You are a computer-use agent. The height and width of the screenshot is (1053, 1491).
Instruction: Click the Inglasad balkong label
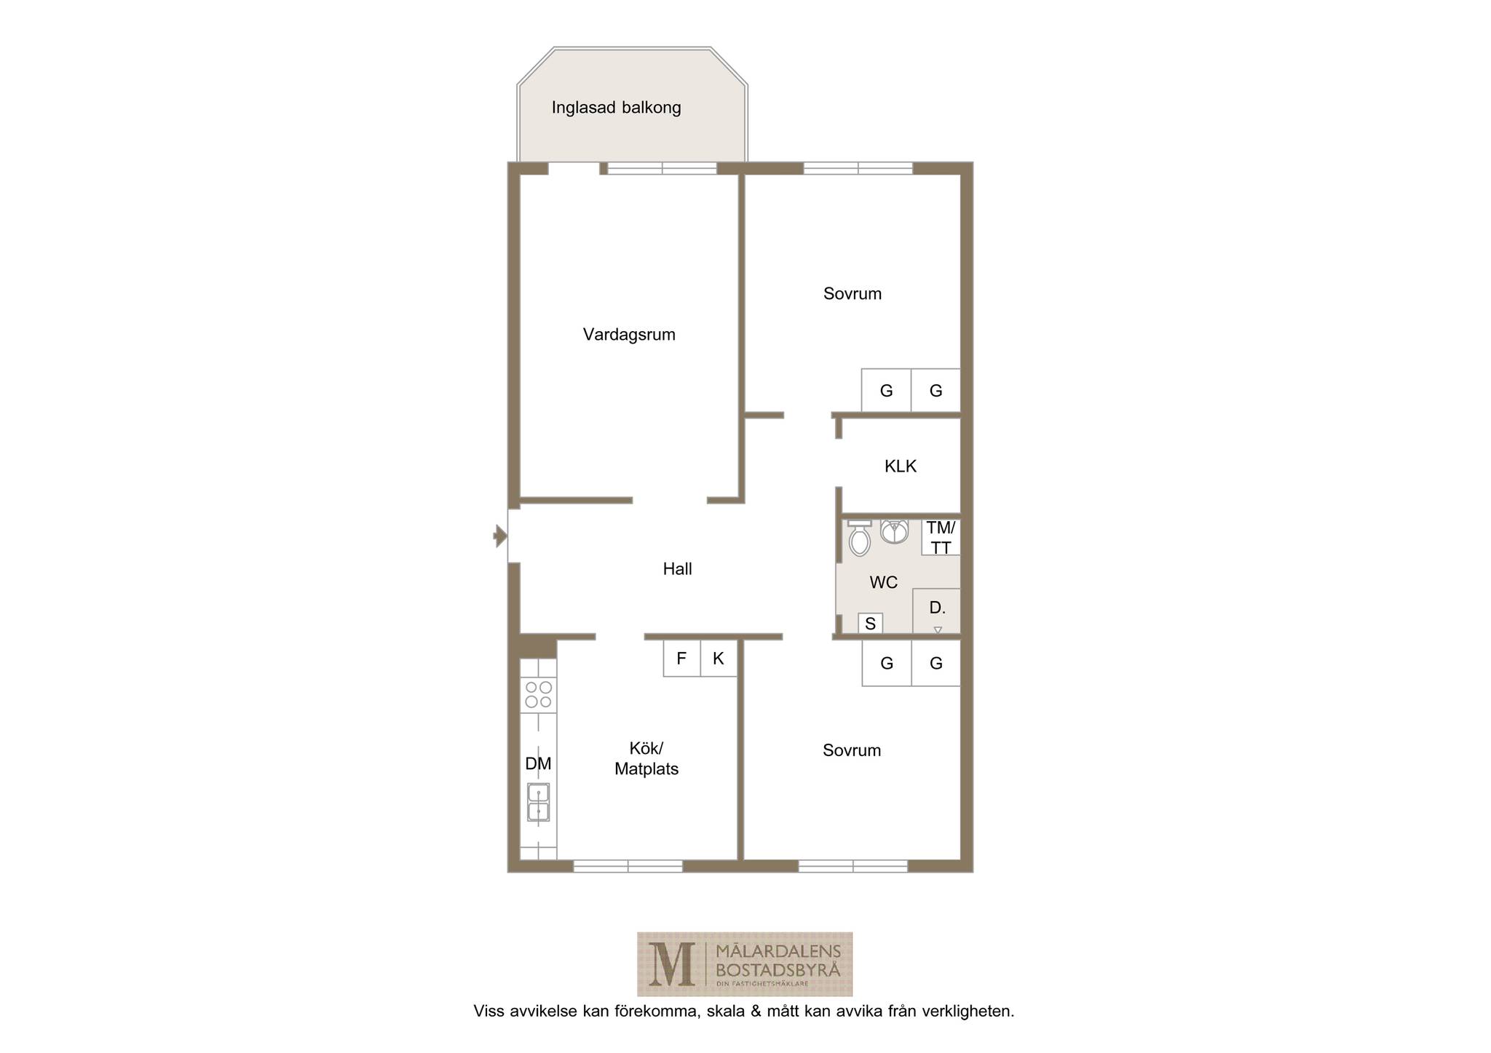(x=616, y=108)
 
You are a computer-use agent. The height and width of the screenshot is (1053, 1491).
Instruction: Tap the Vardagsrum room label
(x=629, y=335)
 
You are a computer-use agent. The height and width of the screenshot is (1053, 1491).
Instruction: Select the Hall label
(x=677, y=569)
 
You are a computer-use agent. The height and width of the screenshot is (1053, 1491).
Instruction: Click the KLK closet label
(x=901, y=466)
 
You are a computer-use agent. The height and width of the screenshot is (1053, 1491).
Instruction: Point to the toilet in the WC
(x=860, y=539)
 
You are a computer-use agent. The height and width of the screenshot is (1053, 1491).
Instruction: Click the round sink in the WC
(x=894, y=531)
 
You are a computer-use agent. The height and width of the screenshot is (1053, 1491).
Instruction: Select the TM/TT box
(x=941, y=538)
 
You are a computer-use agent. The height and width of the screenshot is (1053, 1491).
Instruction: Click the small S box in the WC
(x=871, y=624)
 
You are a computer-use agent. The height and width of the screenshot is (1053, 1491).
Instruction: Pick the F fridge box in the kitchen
(x=681, y=659)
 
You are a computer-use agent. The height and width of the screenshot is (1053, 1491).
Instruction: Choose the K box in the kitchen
(x=719, y=659)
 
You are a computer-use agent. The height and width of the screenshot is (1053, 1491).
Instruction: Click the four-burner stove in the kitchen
(x=539, y=695)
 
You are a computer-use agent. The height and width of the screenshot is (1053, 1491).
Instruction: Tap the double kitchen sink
(x=539, y=803)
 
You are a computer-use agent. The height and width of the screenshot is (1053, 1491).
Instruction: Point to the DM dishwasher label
(x=539, y=764)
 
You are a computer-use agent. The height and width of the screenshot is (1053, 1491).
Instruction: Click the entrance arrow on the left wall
(x=500, y=536)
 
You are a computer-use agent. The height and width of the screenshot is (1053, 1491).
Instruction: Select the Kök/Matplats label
(x=646, y=759)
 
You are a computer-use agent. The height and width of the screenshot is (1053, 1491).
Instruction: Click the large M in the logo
(x=671, y=964)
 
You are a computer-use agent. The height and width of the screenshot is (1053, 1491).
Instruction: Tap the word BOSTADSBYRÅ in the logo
(x=778, y=970)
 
